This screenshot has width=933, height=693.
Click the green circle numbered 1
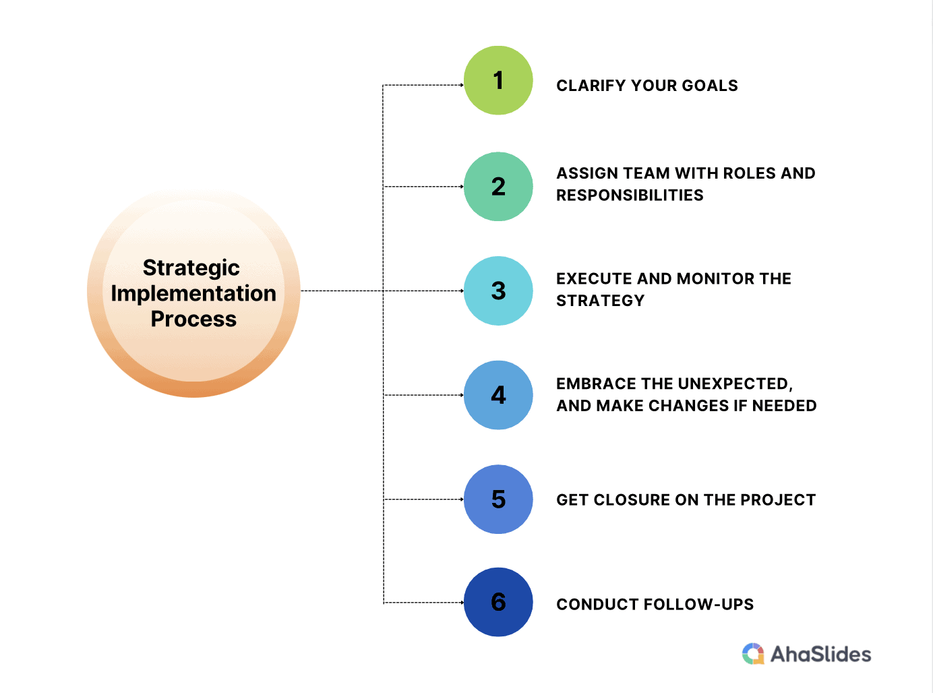click(498, 80)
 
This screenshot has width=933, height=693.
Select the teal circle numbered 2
click(498, 187)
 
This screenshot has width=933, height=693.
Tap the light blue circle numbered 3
click(498, 291)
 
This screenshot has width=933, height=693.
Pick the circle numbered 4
click(498, 395)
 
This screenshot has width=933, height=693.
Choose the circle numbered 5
click(498, 500)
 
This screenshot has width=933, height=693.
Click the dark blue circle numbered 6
click(498, 602)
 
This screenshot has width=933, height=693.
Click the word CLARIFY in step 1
click(591, 86)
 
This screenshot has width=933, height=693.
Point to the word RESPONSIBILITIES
click(630, 195)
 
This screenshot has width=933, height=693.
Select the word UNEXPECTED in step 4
click(735, 384)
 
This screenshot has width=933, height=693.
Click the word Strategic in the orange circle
click(191, 268)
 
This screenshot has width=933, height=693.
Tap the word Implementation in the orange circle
click(193, 294)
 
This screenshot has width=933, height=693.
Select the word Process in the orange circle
click(193, 318)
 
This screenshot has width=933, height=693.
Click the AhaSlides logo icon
click(753, 653)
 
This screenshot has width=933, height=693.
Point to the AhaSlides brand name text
click(820, 655)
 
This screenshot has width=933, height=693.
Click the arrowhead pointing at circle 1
click(462, 85)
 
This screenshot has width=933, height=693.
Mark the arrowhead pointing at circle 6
click(462, 603)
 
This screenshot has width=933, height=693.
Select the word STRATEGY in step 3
click(600, 301)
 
